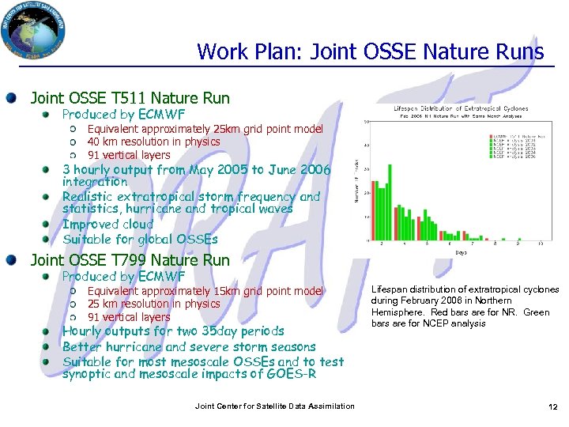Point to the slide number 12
click(x=553, y=406)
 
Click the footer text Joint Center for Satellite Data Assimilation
click(x=274, y=406)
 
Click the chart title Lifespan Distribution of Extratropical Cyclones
click(x=462, y=108)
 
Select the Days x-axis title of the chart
click(x=462, y=252)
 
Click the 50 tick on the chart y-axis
click(x=364, y=121)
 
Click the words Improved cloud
click(x=108, y=225)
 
